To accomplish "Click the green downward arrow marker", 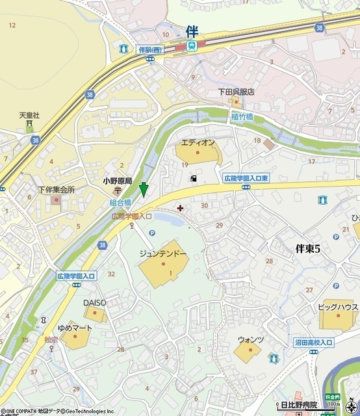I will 144,190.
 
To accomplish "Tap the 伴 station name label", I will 191,31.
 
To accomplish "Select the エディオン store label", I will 198,142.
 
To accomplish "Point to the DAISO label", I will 94,303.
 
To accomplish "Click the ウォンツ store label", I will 250,339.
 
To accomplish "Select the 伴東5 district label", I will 308,248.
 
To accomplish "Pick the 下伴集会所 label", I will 56,190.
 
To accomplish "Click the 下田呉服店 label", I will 236,92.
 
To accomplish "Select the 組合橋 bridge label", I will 120,203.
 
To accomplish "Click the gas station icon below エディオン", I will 192,178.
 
